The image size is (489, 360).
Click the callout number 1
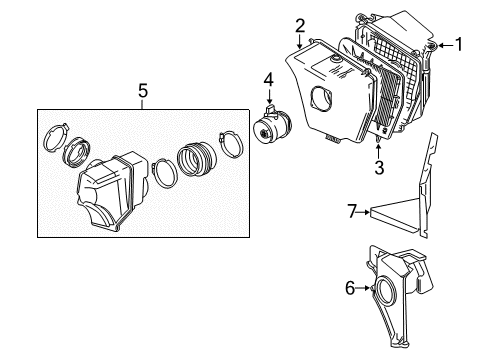tap(460, 44)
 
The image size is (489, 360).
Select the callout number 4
tap(268, 79)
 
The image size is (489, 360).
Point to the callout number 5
tap(142, 91)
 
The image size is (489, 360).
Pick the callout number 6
tap(350, 288)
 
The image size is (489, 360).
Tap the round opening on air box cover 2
tap(325, 101)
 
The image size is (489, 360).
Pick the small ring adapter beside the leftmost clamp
tap(77, 157)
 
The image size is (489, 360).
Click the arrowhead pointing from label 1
tap(437, 44)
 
